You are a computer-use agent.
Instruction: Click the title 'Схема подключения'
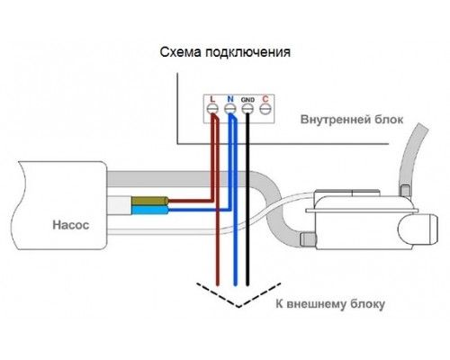[x=224, y=52]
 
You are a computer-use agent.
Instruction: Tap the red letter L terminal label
[x=211, y=97]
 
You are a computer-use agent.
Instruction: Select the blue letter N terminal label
[x=229, y=97]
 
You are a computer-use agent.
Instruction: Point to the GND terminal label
[x=247, y=97]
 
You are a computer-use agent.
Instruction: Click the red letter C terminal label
[x=265, y=97]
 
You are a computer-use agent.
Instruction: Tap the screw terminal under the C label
[x=265, y=110]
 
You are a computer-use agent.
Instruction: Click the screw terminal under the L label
[x=212, y=110]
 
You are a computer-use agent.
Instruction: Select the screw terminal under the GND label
[x=247, y=110]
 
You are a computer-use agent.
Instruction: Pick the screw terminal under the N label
[x=229, y=110]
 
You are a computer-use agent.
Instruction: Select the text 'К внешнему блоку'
[x=328, y=304]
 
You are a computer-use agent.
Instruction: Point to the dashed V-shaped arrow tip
[x=238, y=308]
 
